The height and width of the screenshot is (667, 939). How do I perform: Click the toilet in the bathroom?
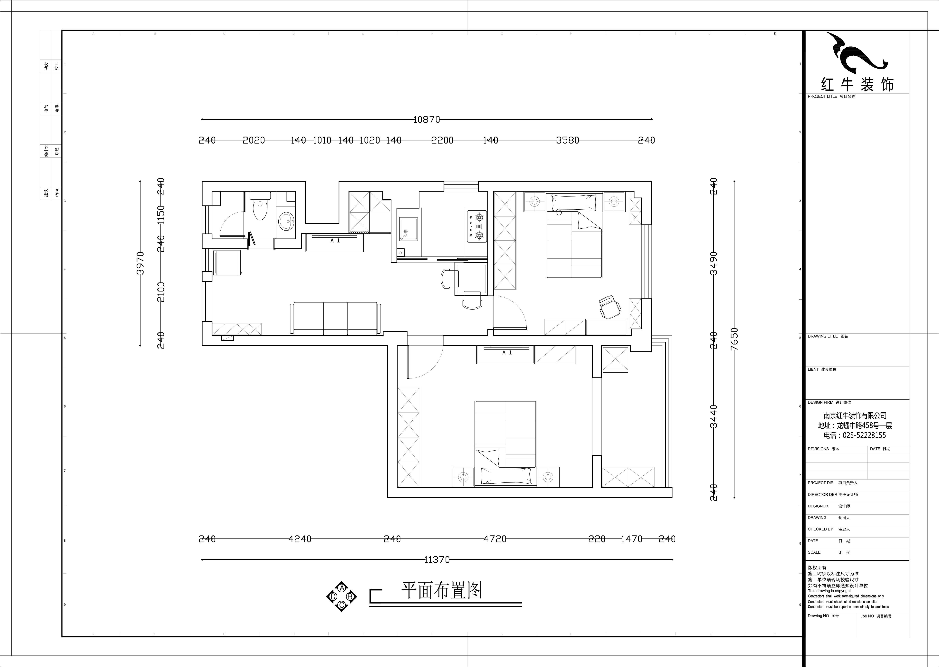click(x=260, y=207)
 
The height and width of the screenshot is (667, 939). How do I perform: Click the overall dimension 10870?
click(x=426, y=119)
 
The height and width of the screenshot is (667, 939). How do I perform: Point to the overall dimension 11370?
click(x=437, y=559)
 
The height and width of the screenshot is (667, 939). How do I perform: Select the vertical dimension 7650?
click(x=734, y=339)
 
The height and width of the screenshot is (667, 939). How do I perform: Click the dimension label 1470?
click(x=631, y=539)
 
